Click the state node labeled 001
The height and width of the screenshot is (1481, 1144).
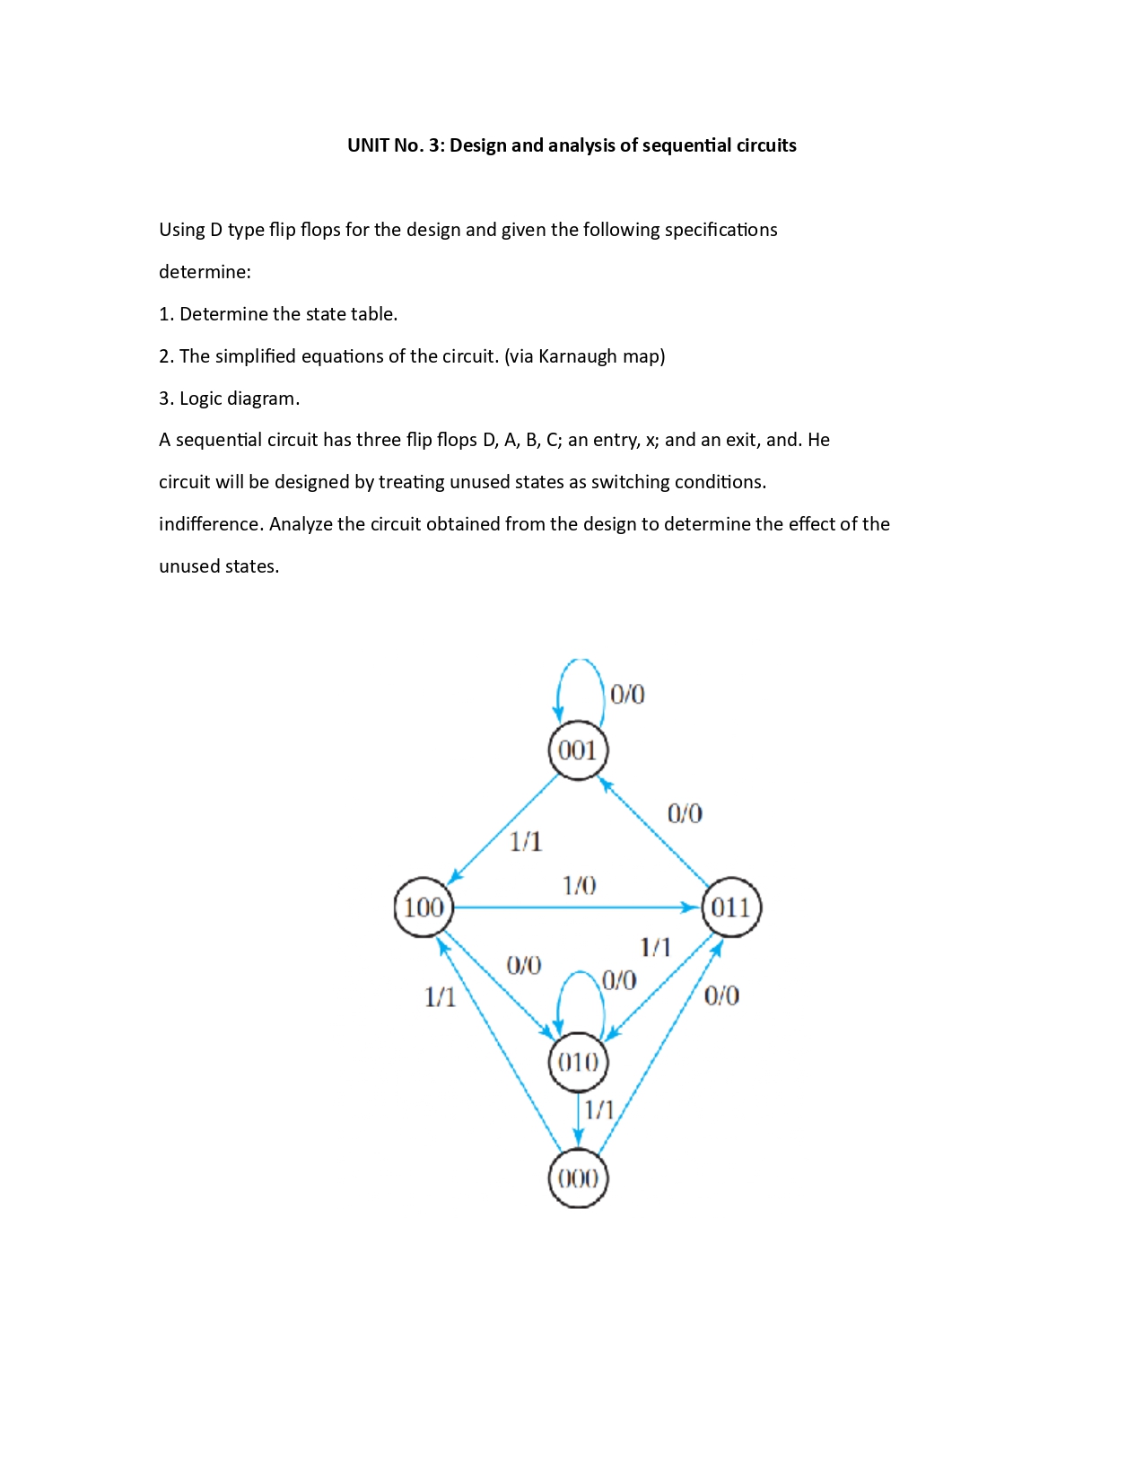[578, 750]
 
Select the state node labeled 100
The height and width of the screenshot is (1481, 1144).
[424, 907]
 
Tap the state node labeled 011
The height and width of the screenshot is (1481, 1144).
[731, 907]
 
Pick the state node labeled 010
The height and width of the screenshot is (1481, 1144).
[578, 1063]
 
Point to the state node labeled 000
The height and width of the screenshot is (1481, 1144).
[578, 1179]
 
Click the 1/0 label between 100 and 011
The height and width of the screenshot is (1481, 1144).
[579, 886]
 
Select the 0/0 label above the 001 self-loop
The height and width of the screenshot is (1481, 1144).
[627, 694]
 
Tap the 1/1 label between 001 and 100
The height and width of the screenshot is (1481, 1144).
[526, 841]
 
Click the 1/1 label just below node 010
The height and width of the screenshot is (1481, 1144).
[599, 1110]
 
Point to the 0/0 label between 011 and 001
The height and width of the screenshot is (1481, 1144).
[685, 813]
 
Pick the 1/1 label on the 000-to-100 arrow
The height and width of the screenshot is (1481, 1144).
[440, 996]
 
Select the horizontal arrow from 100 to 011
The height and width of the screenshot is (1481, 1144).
[574, 907]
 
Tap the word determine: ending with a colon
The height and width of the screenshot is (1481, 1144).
[205, 272]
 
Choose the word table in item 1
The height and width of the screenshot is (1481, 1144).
[373, 314]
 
